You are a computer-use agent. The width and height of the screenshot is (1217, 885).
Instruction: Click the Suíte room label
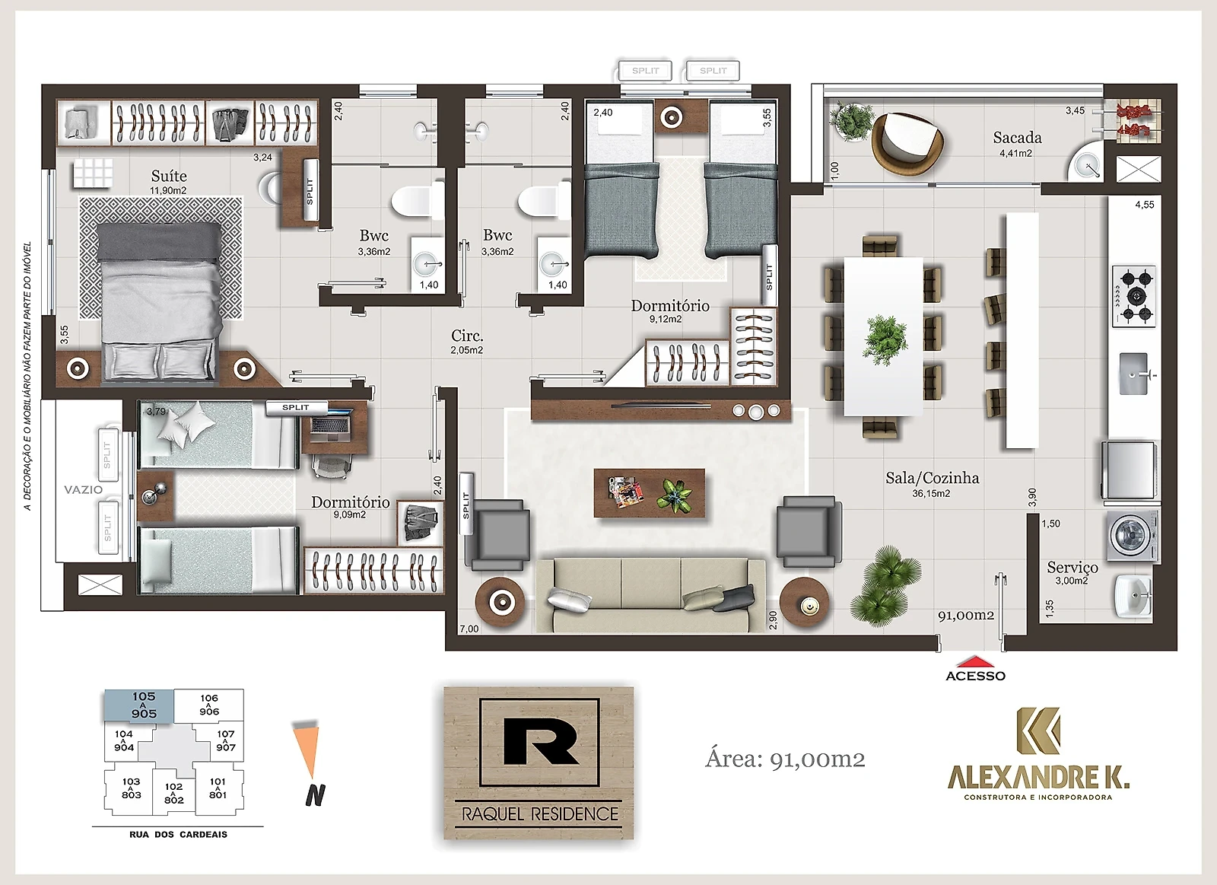point(169,176)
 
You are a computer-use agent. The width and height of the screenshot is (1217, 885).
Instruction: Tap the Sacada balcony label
point(1017,138)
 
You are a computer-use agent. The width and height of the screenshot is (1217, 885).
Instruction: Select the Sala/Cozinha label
point(933,479)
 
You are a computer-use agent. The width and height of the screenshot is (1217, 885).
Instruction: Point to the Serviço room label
point(1072,568)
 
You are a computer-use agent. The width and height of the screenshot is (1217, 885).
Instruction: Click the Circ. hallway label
point(467,336)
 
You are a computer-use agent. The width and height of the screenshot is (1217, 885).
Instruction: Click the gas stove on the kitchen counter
point(1134,296)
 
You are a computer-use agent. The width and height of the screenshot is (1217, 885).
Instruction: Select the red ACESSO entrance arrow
point(975,661)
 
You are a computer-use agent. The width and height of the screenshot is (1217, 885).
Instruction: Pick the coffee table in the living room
point(650,493)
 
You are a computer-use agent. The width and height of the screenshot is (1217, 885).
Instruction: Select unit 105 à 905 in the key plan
point(139,706)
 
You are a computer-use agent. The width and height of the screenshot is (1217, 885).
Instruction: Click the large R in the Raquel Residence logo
point(541,741)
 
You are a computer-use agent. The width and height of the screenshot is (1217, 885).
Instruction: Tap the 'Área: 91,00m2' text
point(785,759)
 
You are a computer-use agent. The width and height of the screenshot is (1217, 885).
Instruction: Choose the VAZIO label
point(83,490)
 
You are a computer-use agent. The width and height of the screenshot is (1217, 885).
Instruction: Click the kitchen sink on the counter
point(1134,374)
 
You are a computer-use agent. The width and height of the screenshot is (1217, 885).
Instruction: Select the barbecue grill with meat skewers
point(1133,121)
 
